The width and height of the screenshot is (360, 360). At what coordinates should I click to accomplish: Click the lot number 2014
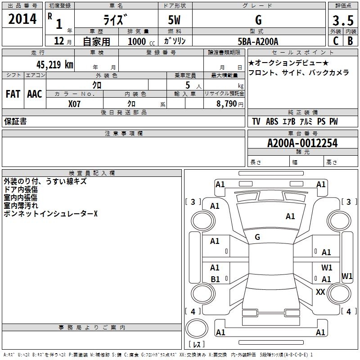(x=23, y=19)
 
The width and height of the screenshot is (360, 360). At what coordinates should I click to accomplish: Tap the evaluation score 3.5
(x=342, y=21)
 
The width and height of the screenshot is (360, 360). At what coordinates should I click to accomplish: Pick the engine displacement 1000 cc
(x=139, y=41)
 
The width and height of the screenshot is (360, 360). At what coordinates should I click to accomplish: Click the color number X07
(x=75, y=103)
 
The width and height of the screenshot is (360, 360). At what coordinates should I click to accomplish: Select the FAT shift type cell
(x=13, y=94)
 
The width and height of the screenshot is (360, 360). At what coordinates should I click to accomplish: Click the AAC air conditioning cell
(x=35, y=94)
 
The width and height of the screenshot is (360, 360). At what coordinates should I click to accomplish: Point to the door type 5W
(x=175, y=21)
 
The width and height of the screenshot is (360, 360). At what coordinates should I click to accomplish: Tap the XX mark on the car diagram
(x=320, y=292)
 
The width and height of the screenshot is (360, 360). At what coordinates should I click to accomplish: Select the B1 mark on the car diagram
(x=215, y=279)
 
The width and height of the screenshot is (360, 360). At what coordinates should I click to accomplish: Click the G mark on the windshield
(x=257, y=237)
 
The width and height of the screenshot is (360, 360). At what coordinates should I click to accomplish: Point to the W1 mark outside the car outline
(x=347, y=276)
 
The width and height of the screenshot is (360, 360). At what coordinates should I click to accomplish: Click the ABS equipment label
(x=272, y=121)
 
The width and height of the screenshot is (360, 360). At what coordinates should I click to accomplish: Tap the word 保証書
(x=15, y=121)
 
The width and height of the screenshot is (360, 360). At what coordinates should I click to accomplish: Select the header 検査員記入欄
(x=92, y=173)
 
